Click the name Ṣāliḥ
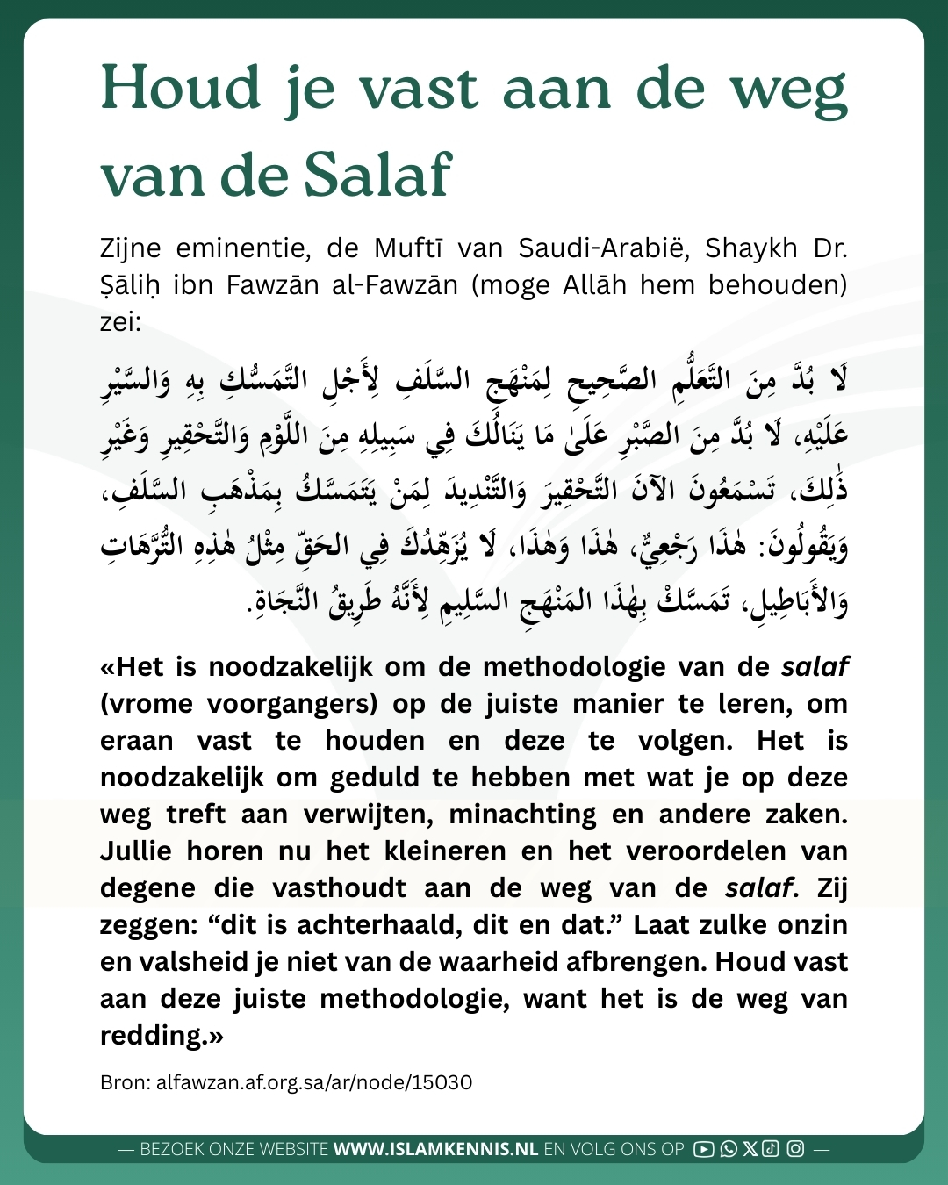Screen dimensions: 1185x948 130,286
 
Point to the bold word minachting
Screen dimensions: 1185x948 522,815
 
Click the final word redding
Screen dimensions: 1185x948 156,1036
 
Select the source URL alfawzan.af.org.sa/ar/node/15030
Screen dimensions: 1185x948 313,1082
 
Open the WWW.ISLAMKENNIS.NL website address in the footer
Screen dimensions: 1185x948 435,1149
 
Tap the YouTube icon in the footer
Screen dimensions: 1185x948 703,1149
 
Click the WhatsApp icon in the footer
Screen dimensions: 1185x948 728,1149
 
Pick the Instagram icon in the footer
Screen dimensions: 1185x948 795,1149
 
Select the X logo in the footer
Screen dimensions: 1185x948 750,1149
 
